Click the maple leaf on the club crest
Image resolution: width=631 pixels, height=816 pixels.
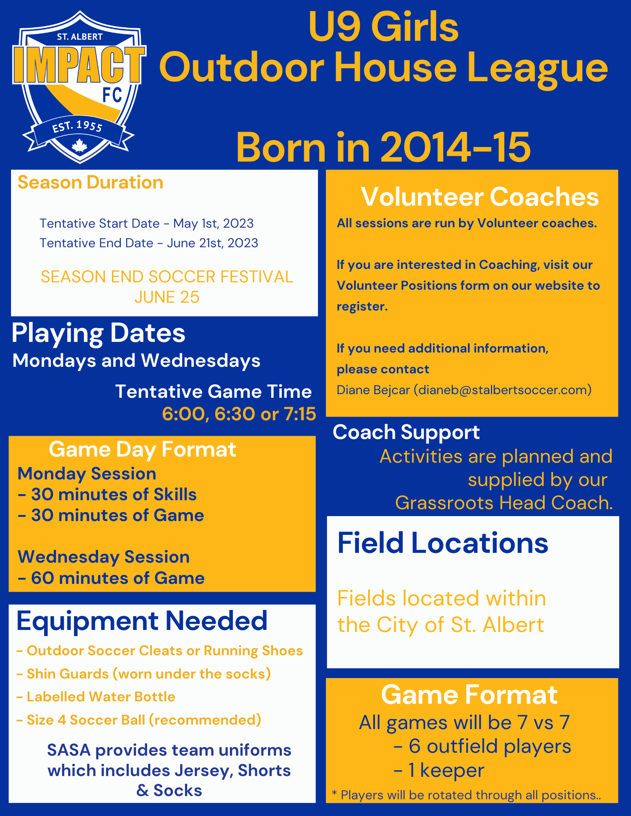coord(79,146)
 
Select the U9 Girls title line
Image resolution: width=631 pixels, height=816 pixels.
coord(384,27)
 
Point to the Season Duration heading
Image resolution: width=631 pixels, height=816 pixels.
coord(90,182)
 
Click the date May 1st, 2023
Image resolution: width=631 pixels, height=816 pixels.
coord(213,224)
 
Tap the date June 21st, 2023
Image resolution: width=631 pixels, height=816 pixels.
coord(212,243)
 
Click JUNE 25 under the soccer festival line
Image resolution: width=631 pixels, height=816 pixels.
coord(167,297)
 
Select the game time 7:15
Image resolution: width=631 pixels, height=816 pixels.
coord(300,414)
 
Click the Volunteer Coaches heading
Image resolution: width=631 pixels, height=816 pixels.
coord(480,197)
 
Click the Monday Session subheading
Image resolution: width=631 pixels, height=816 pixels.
coord(87,474)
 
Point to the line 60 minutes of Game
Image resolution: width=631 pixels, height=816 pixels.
coord(111,578)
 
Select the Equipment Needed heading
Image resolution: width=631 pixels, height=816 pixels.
coord(142,621)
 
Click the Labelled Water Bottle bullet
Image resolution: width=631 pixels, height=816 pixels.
coord(96,697)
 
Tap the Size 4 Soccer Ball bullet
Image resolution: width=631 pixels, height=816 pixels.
coord(139,720)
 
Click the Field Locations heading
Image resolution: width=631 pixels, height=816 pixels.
coord(443,543)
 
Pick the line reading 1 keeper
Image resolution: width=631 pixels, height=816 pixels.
coord(439,770)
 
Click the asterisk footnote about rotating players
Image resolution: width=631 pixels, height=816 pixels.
coord(466,795)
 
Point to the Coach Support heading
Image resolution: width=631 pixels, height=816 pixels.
coord(406,432)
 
